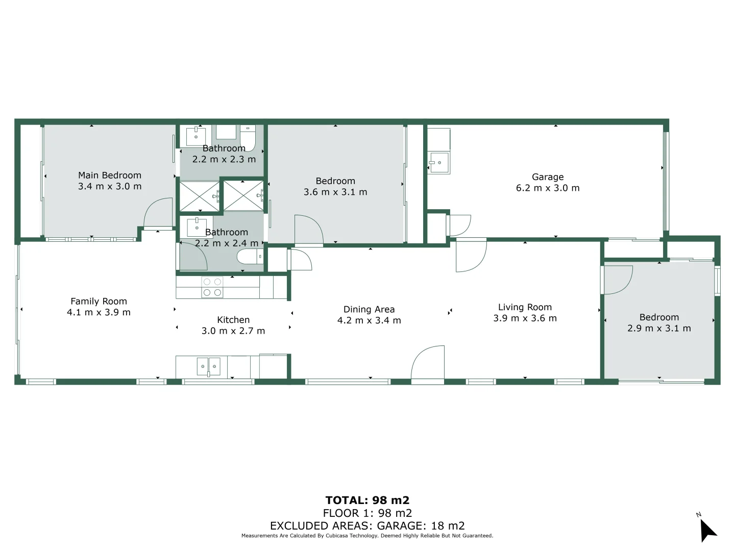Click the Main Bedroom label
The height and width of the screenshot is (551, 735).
pyautogui.click(x=109, y=176)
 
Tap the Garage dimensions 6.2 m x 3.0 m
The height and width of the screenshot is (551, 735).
pyautogui.click(x=548, y=188)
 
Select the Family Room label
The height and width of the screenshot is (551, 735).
pyautogui.click(x=99, y=302)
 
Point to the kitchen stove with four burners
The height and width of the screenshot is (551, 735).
pyautogui.click(x=212, y=287)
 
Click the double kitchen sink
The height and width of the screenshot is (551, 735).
pyautogui.click(x=209, y=366)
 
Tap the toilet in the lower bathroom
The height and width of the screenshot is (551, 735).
pyautogui.click(x=250, y=257)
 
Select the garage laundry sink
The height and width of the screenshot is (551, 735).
pyautogui.click(x=438, y=163)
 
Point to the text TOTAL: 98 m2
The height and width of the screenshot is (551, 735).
pyautogui.click(x=367, y=500)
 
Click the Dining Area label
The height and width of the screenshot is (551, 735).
pyautogui.click(x=369, y=310)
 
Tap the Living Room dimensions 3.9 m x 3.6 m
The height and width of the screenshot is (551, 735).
pyautogui.click(x=525, y=318)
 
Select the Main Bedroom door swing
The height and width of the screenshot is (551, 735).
pyautogui.click(x=158, y=213)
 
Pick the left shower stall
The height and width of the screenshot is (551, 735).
pyautogui.click(x=200, y=195)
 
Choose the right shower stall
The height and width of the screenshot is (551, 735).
pyautogui.click(x=243, y=195)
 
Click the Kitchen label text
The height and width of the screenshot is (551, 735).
pyautogui.click(x=233, y=320)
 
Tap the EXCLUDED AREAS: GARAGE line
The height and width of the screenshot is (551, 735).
pyautogui.click(x=367, y=526)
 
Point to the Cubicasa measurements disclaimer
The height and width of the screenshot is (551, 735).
pyautogui.click(x=367, y=536)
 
